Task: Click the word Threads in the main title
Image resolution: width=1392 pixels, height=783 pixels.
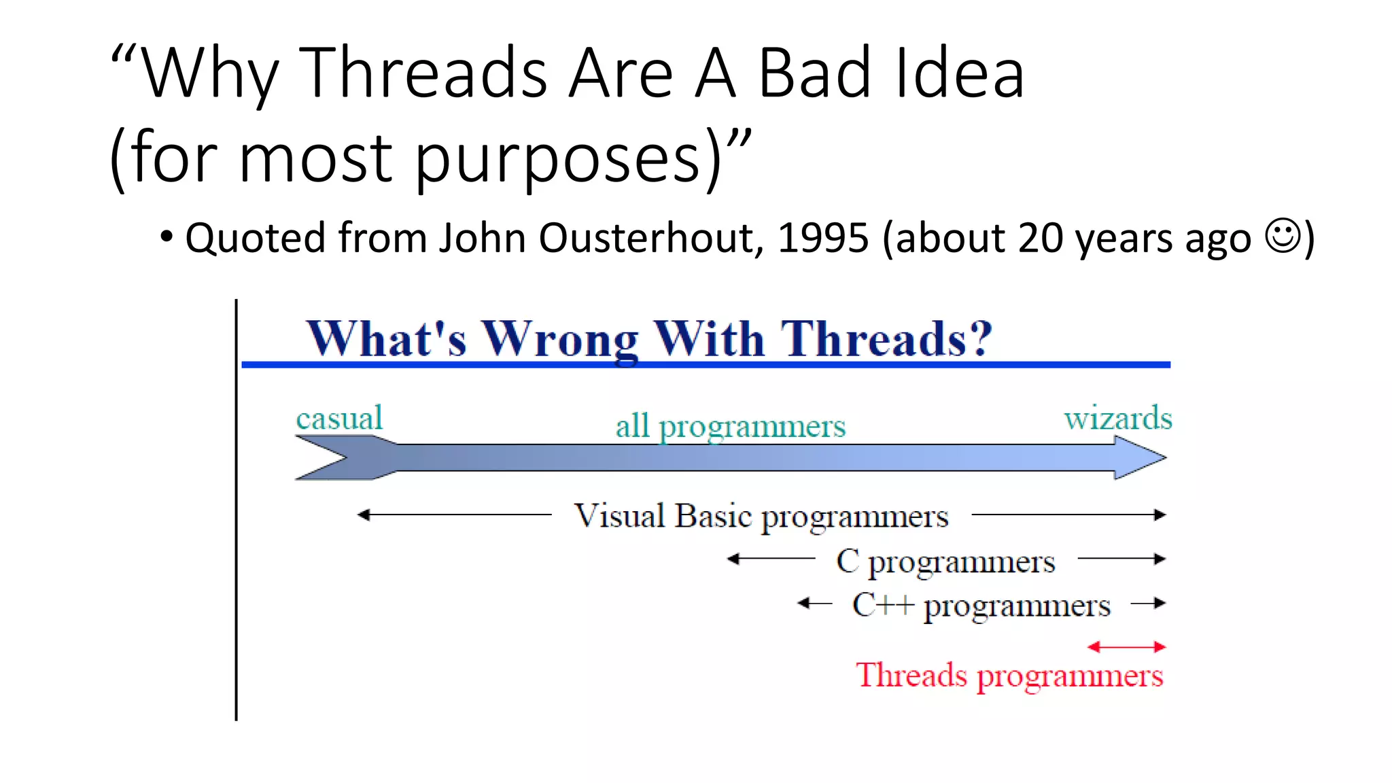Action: (x=423, y=73)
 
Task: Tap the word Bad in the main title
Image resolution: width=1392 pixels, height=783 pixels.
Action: (x=814, y=73)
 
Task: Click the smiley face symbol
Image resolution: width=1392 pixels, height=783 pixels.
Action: (x=1283, y=236)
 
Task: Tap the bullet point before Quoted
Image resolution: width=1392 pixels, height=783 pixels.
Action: (x=167, y=238)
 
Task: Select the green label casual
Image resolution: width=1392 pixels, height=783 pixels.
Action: (x=339, y=417)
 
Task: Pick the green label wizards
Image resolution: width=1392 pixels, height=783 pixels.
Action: (x=1118, y=417)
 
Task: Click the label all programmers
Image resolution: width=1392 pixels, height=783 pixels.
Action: (x=731, y=426)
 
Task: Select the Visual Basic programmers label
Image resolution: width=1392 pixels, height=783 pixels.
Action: (x=761, y=516)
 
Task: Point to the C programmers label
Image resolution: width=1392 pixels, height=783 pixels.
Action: (x=945, y=561)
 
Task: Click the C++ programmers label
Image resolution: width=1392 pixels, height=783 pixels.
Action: (x=981, y=605)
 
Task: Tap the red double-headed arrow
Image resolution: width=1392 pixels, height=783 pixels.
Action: (x=1126, y=647)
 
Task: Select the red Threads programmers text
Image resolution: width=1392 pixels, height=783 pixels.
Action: (x=1009, y=676)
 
